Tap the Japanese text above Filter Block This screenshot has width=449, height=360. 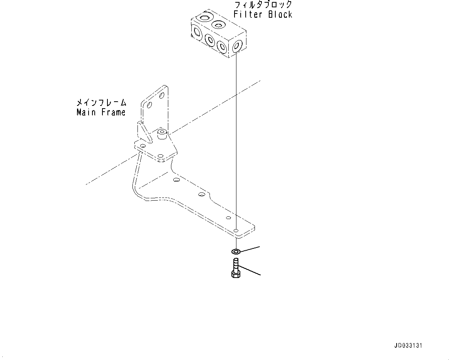pyautogui.click(x=263, y=5)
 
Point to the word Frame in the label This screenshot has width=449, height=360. pyautogui.click(x=113, y=112)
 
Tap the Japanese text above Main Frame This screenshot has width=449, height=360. pyautogui.click(x=101, y=103)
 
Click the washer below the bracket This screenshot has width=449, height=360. pyautogui.click(x=236, y=251)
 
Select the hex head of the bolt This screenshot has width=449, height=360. pyautogui.click(x=235, y=274)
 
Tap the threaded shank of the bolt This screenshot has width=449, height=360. pyautogui.click(x=236, y=265)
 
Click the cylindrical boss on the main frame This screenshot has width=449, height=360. pyautogui.click(x=161, y=134)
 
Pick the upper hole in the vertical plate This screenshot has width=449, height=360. pyautogui.click(x=161, y=95)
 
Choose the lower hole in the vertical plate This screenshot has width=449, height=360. pyautogui.click(x=149, y=105)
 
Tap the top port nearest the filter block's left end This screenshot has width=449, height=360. pyautogui.click(x=204, y=17)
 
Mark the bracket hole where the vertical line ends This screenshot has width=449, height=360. pyautogui.click(x=236, y=231)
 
